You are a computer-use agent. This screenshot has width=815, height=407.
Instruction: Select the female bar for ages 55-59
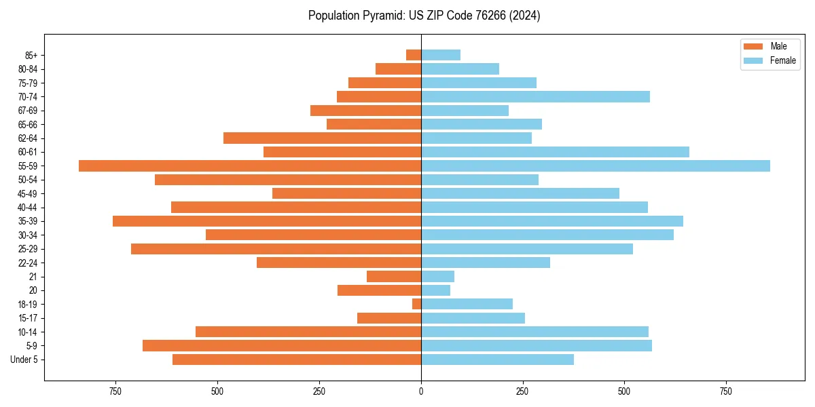[x=596, y=166]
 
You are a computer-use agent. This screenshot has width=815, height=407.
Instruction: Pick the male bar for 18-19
[x=417, y=304]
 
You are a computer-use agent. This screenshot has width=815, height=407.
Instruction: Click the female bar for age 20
[x=435, y=290]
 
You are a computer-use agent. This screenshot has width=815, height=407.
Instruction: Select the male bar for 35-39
[x=267, y=221]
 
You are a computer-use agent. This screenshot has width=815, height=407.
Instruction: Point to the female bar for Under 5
[x=497, y=360]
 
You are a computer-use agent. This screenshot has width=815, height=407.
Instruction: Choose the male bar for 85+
[x=414, y=55]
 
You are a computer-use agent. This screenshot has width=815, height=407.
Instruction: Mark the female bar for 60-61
[x=555, y=152]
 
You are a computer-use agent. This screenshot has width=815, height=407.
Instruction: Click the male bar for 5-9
[x=282, y=345]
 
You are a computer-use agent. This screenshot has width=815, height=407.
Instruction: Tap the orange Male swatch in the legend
[x=753, y=46]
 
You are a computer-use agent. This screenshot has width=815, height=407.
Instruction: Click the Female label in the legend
[x=782, y=60]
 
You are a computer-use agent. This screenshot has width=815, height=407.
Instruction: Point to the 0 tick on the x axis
[x=421, y=392]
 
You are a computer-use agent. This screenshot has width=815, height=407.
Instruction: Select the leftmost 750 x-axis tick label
[x=115, y=392]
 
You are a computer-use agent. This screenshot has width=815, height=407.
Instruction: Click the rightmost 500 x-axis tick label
[x=624, y=392]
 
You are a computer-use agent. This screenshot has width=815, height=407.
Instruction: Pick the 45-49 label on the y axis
[x=28, y=193]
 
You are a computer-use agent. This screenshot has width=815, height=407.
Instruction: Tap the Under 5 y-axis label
[x=24, y=360]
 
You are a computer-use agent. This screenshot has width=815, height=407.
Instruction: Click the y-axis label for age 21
[x=33, y=277]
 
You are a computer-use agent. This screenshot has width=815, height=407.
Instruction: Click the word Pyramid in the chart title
[x=380, y=16]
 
